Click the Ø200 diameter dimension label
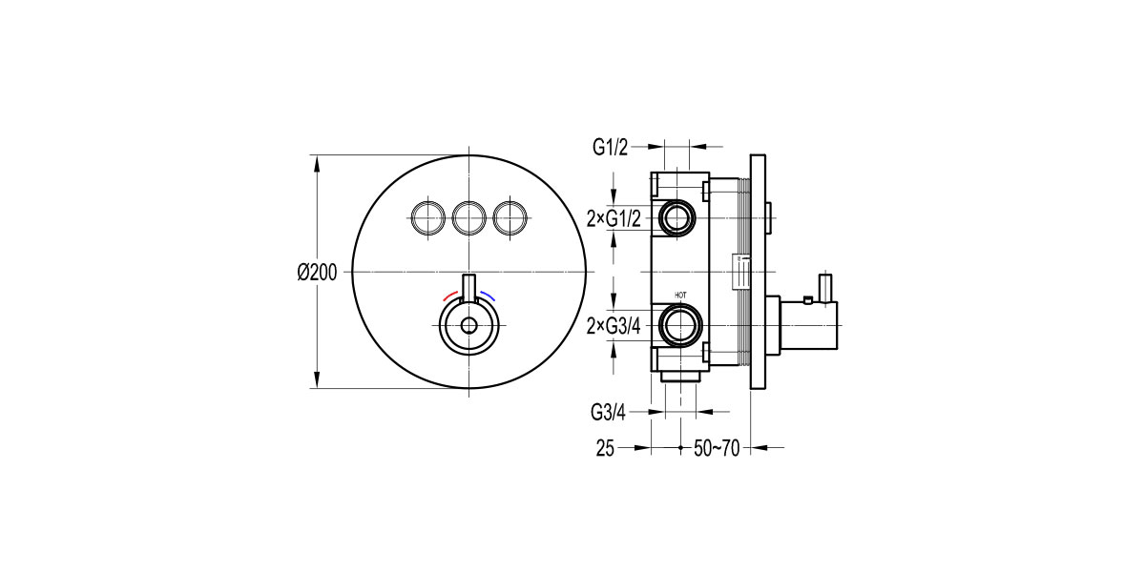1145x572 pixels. (317, 272)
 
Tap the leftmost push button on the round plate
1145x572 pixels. (427, 218)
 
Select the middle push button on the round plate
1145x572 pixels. (468, 218)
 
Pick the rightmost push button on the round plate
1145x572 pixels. (510, 218)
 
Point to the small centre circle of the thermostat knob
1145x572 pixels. (468, 326)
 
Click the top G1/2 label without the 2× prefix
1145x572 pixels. (610, 147)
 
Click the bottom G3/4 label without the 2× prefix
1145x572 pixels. (610, 413)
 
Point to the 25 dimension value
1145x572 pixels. (604, 447)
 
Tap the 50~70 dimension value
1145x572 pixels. (718, 447)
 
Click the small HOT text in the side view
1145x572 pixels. (680, 296)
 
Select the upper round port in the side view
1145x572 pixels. (679, 218)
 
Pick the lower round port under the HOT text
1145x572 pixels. (680, 326)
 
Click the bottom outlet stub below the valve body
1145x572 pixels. (679, 378)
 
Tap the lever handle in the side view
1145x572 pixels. (826, 285)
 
